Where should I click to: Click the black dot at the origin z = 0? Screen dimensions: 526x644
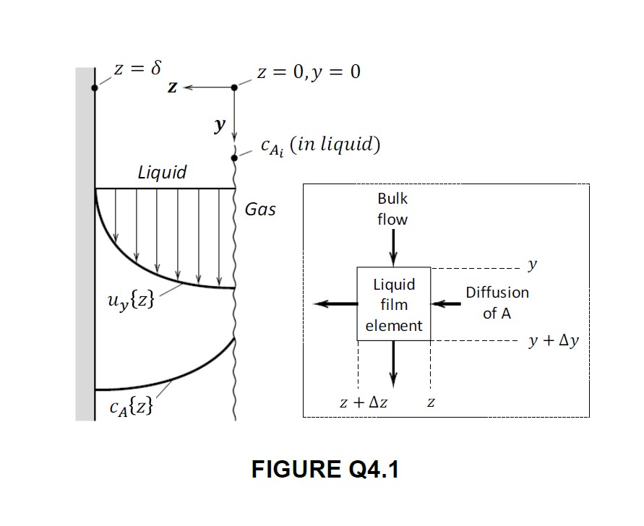233,87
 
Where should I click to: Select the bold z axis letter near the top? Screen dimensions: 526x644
172,87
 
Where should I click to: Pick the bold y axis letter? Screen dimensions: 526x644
218,126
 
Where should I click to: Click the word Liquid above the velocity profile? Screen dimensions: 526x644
162,172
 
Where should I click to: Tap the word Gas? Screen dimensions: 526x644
260,210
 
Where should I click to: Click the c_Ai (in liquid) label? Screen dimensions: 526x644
320,145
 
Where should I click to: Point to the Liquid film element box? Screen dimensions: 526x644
394,304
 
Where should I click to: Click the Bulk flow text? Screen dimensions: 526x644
392,208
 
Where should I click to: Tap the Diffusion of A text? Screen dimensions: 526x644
497,303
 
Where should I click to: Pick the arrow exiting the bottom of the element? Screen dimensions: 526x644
393,361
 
